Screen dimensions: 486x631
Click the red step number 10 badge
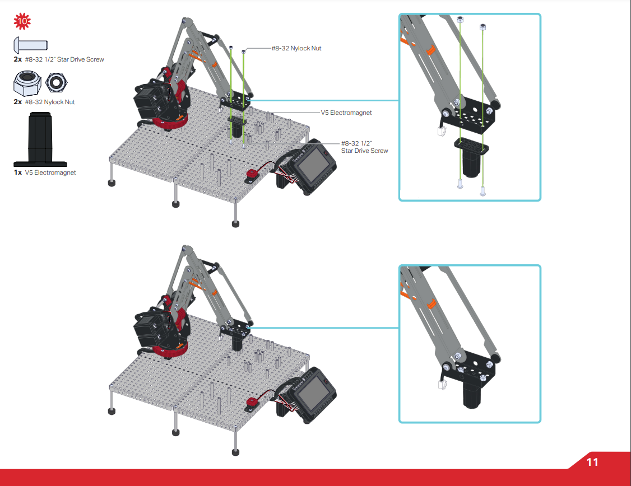(22, 22)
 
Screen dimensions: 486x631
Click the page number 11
(592, 462)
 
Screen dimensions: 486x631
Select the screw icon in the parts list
(31, 44)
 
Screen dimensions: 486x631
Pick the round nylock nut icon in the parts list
(56, 82)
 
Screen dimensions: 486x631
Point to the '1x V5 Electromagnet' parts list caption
(45, 172)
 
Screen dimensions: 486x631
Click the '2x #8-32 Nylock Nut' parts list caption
(44, 102)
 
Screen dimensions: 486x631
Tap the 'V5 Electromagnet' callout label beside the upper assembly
(346, 113)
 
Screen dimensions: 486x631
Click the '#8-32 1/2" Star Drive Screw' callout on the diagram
(364, 147)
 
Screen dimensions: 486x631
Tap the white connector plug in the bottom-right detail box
(440, 385)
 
